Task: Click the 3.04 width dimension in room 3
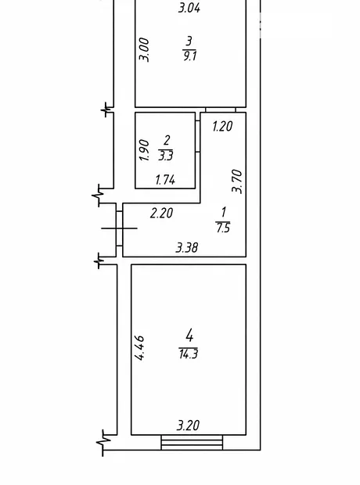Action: [x=189, y=8]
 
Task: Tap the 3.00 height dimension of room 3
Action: [x=144, y=49]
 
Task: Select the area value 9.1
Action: [x=189, y=56]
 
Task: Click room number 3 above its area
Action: [x=189, y=41]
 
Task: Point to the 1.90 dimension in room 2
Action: [x=144, y=150]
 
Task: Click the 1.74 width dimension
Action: [x=165, y=180]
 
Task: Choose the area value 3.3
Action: [x=166, y=156]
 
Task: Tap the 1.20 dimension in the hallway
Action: [x=222, y=126]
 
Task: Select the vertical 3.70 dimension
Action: [x=237, y=181]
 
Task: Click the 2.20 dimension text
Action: [x=161, y=214]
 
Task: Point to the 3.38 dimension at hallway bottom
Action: [x=187, y=247]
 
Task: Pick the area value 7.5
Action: [x=223, y=228]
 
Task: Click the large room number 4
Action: [x=189, y=336]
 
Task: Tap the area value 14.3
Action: [x=188, y=354]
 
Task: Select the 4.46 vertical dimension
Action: [x=139, y=347]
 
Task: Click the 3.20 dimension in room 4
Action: [x=188, y=426]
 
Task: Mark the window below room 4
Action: [x=192, y=442]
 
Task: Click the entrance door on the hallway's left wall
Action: [x=119, y=228]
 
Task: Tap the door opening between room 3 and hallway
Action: [x=221, y=110]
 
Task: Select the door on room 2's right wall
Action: [x=197, y=136]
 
